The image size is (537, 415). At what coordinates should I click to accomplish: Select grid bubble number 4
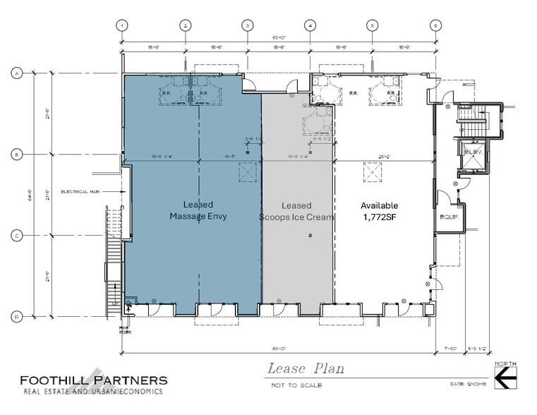coord(310,25)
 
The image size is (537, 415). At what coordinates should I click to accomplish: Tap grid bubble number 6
coord(435,25)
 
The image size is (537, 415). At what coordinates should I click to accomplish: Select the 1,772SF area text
coord(379,217)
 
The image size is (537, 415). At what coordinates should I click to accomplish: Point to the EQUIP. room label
coord(449,217)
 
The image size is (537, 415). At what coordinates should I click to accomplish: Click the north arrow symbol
coord(505,379)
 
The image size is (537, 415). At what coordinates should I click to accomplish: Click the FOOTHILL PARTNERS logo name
coord(93,380)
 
